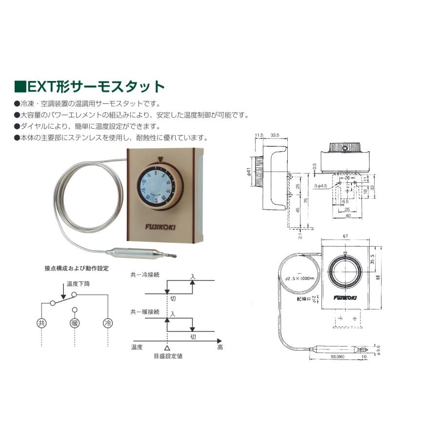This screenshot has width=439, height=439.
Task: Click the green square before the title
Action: pos(20,87)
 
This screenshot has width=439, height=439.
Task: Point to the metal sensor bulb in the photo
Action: pos(135,253)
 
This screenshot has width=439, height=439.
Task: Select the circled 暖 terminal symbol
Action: pos(74,323)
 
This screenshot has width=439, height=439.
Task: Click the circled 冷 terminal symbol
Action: pos(107,323)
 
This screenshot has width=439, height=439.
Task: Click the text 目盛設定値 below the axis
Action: pos(167,356)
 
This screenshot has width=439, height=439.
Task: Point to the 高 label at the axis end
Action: pos(220,348)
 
